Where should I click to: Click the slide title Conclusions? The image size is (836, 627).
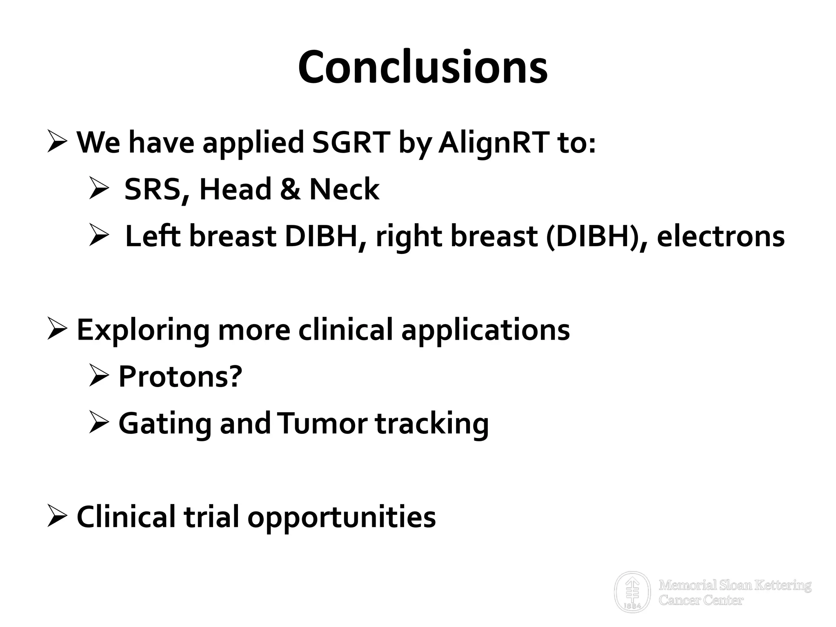tap(422, 67)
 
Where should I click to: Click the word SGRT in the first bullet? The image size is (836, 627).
tap(351, 142)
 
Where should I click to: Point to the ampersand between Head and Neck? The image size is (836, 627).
tap(290, 189)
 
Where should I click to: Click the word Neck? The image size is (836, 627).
tap(344, 189)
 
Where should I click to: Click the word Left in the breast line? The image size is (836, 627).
tap(153, 236)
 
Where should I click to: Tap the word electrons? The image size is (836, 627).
tap(720, 236)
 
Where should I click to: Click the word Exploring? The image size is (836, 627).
tap(143, 330)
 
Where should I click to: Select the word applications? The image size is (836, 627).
tap(485, 330)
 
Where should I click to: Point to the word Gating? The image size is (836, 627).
tap(165, 423)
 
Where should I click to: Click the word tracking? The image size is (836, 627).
tap(432, 423)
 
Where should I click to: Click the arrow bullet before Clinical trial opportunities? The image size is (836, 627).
tap(57, 516)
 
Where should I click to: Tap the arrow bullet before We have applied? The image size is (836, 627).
tap(57, 141)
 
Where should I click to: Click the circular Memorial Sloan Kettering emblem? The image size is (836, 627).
tap(632, 592)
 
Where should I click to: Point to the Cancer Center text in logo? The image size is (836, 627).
tap(701, 600)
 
